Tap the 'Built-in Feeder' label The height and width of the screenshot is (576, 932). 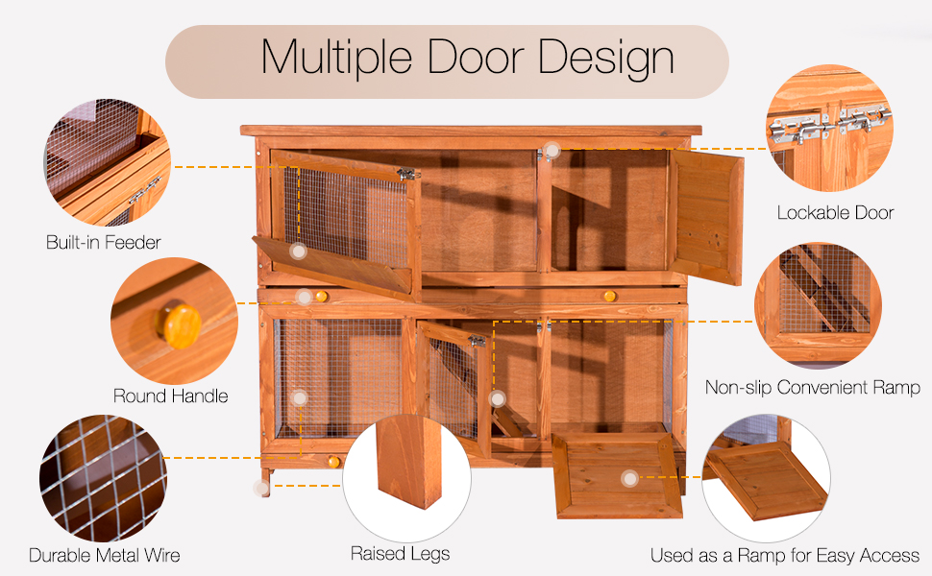click(x=104, y=242)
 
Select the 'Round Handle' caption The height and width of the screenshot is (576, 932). click(x=171, y=396)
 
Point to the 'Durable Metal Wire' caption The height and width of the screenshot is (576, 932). click(x=104, y=555)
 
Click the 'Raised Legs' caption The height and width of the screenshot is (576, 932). click(x=400, y=553)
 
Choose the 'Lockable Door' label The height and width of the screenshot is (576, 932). click(x=835, y=212)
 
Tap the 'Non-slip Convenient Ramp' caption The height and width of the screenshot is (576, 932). click(x=812, y=388)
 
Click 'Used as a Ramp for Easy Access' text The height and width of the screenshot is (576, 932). click(x=784, y=555)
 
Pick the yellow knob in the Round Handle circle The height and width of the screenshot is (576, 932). click(x=179, y=324)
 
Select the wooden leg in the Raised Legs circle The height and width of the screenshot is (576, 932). click(x=409, y=461)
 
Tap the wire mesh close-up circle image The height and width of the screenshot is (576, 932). click(x=104, y=477)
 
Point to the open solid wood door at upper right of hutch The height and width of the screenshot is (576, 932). click(x=706, y=216)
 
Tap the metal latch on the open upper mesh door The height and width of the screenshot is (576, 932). click(x=406, y=174)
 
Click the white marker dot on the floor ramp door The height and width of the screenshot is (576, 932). click(x=628, y=477)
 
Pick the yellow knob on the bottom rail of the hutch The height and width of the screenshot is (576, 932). click(x=333, y=462)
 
